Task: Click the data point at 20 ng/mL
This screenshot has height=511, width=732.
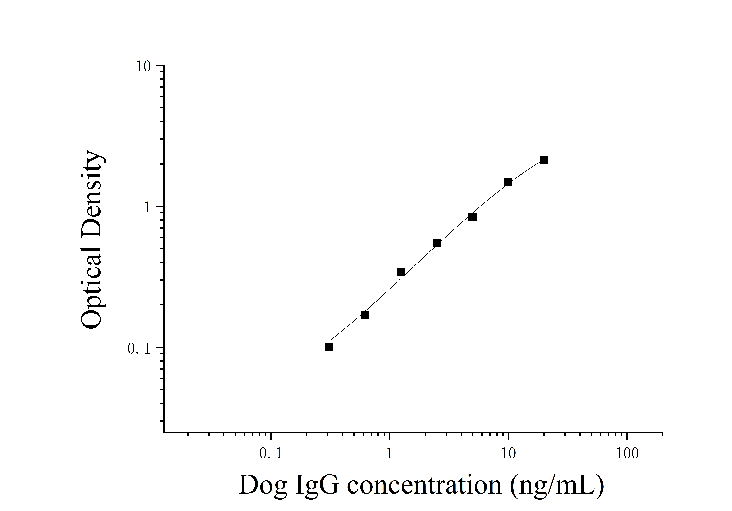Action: (544, 160)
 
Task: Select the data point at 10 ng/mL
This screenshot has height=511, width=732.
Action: (508, 182)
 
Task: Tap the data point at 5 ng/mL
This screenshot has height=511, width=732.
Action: (473, 217)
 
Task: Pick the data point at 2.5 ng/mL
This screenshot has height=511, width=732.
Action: (437, 243)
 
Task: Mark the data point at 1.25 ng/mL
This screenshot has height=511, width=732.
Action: (401, 272)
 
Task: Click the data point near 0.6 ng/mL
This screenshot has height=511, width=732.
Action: (365, 315)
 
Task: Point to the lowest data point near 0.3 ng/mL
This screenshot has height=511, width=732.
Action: (329, 347)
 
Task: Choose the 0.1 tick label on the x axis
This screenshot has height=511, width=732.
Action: (271, 454)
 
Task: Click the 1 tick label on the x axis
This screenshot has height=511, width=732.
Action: (389, 454)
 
